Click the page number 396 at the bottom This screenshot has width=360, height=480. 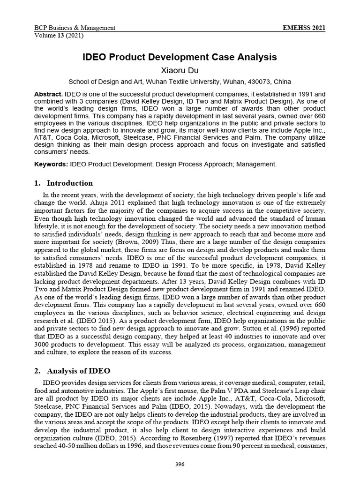point(180,465)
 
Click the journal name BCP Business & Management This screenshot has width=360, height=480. point(75,28)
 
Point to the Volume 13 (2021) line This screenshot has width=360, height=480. point(57,35)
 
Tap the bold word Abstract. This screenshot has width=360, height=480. point(48,94)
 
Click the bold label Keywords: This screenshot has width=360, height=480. point(51,164)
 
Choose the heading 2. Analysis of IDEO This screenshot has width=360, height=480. point(72,370)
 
